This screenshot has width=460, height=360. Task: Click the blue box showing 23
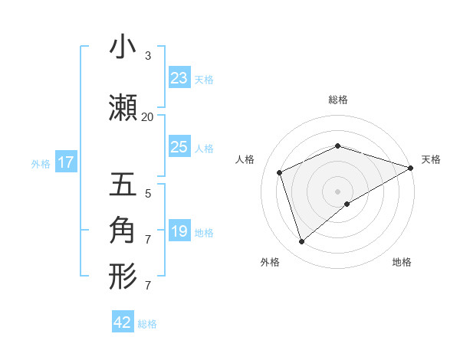coord(179,78)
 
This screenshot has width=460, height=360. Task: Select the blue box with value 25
coord(179,147)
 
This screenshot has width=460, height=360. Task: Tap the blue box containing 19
coord(179,231)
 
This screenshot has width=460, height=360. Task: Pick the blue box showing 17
coord(65,162)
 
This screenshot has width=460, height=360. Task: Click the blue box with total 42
coord(122,322)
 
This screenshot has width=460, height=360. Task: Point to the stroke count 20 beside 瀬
coord(147,116)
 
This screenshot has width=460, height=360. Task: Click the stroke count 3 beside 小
coord(147,56)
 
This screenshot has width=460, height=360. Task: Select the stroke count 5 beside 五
coord(147,193)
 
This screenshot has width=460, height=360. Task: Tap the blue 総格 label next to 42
coord(147,324)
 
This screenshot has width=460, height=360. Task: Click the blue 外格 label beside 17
coord(41,163)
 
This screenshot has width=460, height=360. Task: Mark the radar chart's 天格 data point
coord(410,167)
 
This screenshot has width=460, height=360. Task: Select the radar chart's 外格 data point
coord(301,241)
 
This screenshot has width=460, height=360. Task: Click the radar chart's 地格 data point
coord(347,204)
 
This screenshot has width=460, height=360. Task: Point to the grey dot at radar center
coord(337,190)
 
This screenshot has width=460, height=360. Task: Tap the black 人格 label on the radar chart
coord(245,159)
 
